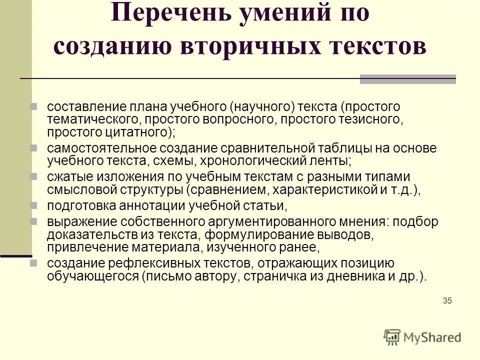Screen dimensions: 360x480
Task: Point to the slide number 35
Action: coord(447,300)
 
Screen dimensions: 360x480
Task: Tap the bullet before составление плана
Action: coord(34,106)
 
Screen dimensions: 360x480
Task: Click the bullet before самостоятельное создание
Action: coord(34,148)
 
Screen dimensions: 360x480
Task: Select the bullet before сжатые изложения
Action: coord(34,177)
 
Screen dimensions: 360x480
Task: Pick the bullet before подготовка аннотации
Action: coord(34,205)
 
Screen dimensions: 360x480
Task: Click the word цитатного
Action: coord(135,132)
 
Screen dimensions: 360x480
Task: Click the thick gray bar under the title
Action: coord(408,79)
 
